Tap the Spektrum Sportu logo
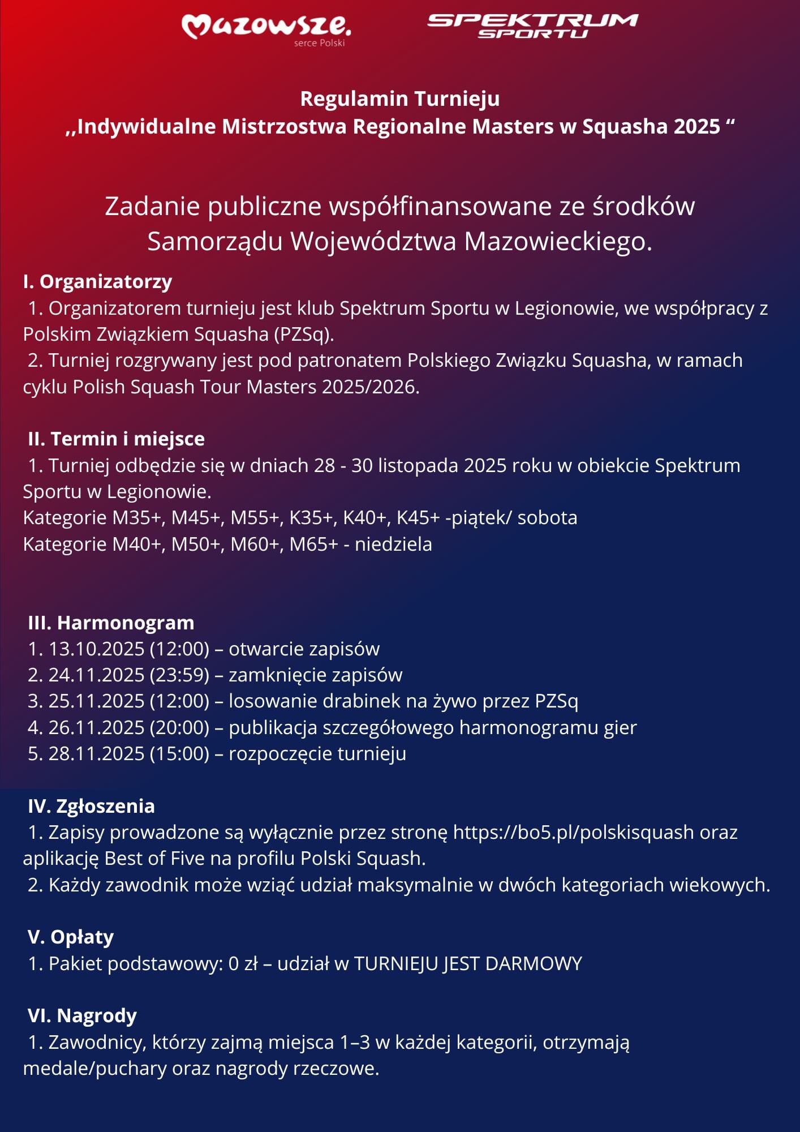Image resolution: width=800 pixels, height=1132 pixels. click(x=532, y=26)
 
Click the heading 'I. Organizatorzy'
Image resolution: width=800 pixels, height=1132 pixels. click(x=97, y=281)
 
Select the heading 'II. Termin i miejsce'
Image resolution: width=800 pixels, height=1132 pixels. click(x=116, y=439)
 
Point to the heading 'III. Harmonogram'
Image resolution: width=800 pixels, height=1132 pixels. click(x=111, y=623)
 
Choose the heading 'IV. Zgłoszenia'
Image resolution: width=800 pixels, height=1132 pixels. click(x=91, y=806)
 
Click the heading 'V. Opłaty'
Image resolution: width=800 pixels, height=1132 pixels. click(x=71, y=937)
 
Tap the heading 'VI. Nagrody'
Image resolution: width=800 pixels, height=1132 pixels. click(x=82, y=1015)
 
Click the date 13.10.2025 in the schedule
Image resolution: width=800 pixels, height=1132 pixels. click(x=96, y=649)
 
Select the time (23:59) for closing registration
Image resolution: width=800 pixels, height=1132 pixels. click(x=179, y=675)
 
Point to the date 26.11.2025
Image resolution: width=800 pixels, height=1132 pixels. click(x=96, y=727)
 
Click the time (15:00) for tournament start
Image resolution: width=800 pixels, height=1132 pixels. click(x=179, y=753)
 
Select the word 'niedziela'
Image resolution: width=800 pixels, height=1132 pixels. click(x=393, y=544)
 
